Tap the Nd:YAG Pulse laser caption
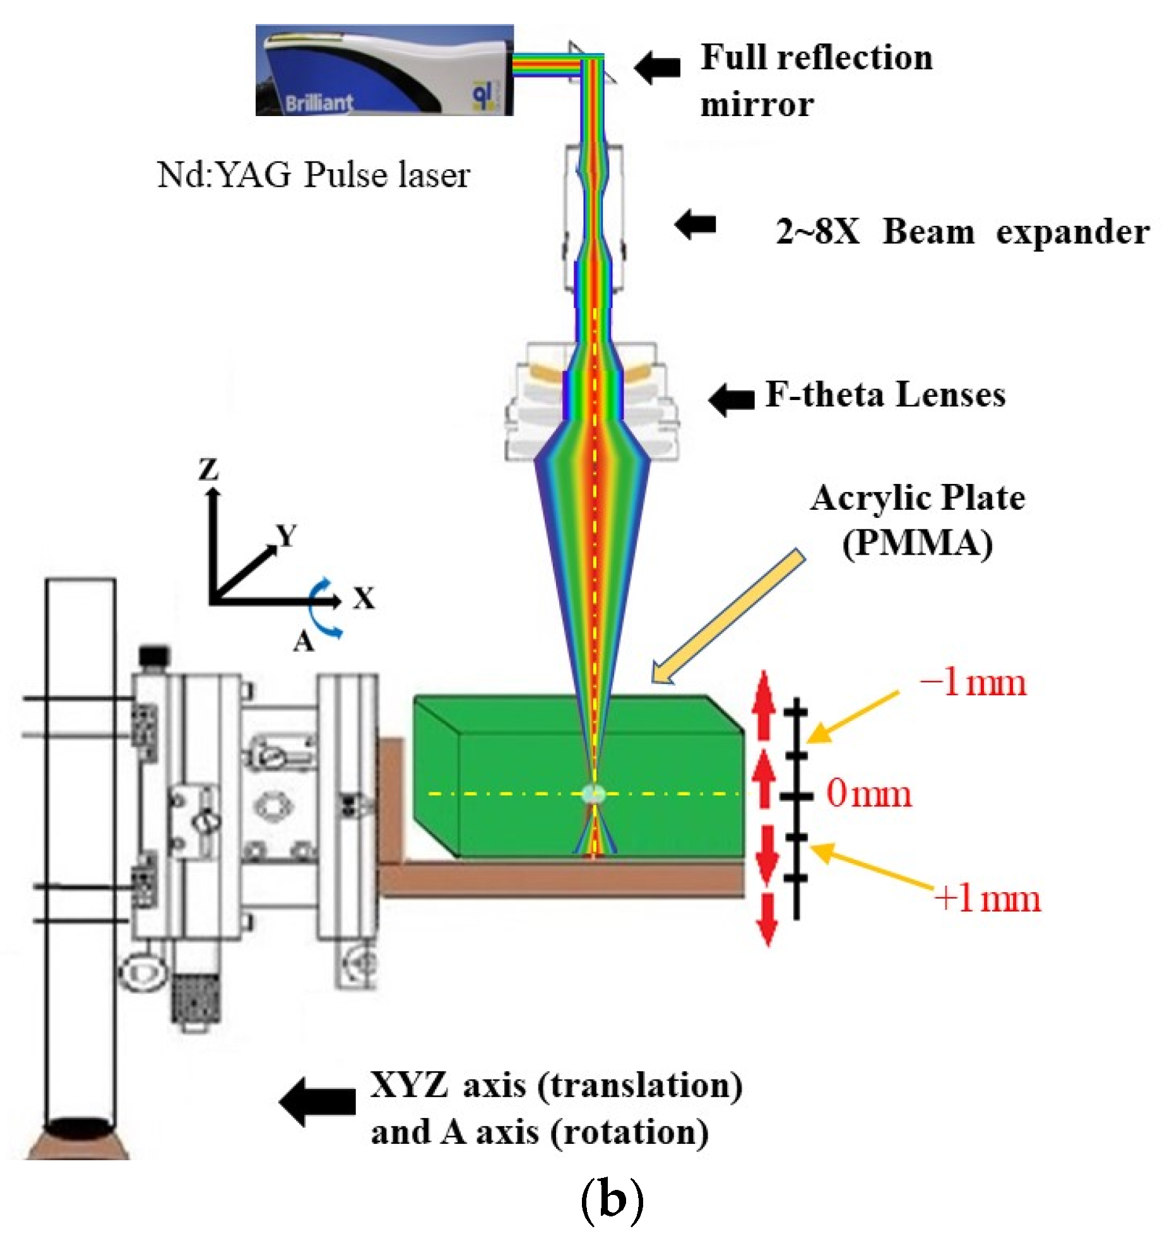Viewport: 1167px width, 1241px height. coord(313,175)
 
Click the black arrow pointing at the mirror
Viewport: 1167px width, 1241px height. coord(657,66)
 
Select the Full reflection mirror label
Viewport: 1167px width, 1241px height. coord(815,80)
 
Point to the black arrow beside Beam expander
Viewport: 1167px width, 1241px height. coord(695,224)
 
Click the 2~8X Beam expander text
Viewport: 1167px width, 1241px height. coord(962,232)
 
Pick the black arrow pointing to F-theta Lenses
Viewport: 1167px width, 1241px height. coord(731,399)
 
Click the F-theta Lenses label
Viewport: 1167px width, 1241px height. coord(885,395)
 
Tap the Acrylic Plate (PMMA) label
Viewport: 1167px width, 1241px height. coord(917,521)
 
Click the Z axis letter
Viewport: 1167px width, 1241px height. coord(208,469)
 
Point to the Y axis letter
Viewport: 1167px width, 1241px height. coord(287,536)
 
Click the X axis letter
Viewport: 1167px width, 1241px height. coord(364,597)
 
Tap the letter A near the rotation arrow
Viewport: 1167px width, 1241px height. coord(304,642)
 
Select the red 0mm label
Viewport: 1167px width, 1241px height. coord(869,793)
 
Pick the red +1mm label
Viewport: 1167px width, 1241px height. coord(987,898)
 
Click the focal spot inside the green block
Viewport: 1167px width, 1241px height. coord(593,793)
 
